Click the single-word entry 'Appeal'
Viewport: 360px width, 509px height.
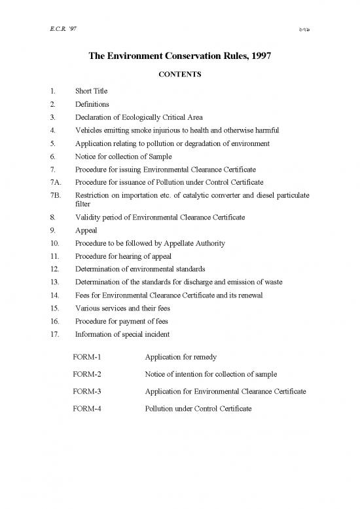coord(86,231)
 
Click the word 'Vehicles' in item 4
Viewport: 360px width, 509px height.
coord(88,130)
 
